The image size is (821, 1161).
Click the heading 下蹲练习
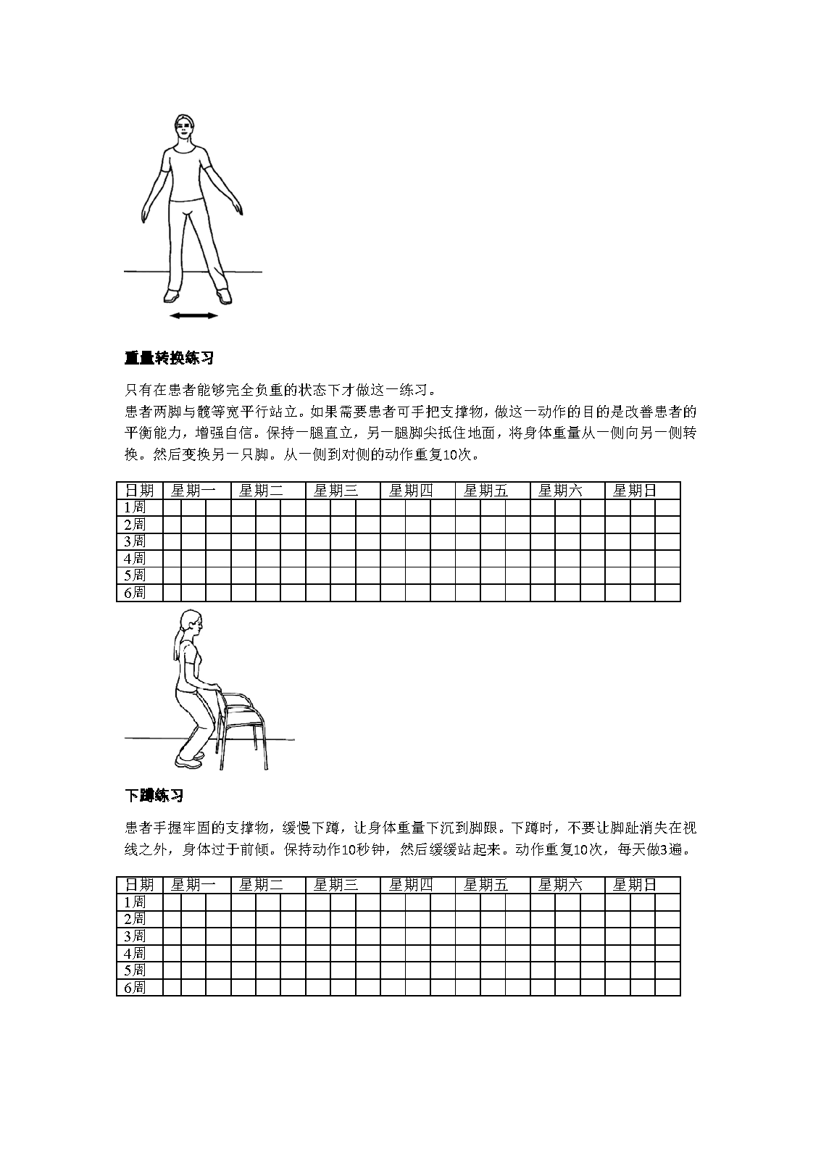click(154, 796)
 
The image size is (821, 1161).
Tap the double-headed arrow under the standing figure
click(193, 316)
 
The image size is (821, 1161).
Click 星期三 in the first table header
click(336, 491)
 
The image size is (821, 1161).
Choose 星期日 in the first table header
click(635, 491)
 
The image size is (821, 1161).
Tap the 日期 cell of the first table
click(140, 491)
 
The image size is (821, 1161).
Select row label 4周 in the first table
click(135, 559)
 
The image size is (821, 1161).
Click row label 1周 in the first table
click(135, 507)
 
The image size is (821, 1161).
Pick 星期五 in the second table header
click(485, 885)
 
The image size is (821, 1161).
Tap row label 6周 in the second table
click(135, 987)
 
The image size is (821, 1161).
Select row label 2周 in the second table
click(135, 919)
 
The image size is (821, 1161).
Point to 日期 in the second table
click(140, 885)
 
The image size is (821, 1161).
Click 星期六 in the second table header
click(560, 885)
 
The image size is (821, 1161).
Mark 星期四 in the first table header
click(411, 491)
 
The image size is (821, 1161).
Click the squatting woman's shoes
click(190, 760)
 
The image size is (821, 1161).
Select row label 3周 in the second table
click(135, 936)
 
